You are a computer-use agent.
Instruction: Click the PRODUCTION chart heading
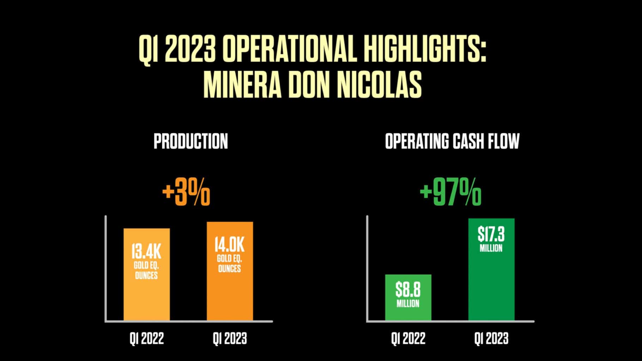coord(191,141)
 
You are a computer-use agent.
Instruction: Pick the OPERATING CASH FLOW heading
coord(452,141)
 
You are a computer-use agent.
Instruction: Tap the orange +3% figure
coord(186,193)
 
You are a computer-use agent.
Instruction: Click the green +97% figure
coord(450,193)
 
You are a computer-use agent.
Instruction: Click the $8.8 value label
coord(408,290)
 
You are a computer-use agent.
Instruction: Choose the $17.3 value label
coord(491,234)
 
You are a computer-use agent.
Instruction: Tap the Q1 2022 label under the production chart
coord(147,339)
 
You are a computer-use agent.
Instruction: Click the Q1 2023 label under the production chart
coord(230,339)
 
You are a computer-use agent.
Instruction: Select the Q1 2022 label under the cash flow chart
coord(408,339)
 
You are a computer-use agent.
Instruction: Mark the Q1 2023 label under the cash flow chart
coord(491,339)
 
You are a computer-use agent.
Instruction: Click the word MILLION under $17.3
coord(491,249)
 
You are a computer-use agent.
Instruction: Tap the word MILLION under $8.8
coord(408,304)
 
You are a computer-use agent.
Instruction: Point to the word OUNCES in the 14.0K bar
coord(230,269)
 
